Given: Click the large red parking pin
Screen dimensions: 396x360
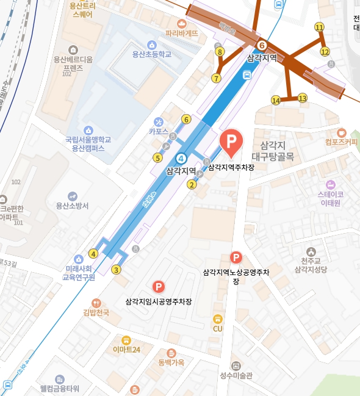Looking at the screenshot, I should pos(231,142).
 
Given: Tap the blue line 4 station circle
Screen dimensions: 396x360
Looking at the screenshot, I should pos(181,159).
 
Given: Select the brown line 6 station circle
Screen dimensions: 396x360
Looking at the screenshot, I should pos(262,45).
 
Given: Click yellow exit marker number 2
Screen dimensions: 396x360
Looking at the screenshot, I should pos(192,185).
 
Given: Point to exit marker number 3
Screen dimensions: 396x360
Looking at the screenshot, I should pos(117,270).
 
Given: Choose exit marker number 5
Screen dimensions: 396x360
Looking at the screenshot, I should pos(157,158).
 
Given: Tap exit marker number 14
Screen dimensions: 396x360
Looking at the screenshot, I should pos(276,100).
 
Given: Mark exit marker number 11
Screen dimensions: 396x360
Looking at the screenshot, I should pos(319,27).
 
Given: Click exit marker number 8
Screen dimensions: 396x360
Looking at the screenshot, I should pos(220,52).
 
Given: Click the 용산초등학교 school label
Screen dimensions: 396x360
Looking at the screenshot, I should pos(152,54).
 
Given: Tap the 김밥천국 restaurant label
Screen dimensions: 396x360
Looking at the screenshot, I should pos(96,312).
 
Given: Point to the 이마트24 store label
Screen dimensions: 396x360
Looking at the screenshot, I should pos(127,350).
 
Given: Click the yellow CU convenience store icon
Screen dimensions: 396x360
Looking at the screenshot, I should pos(217,319).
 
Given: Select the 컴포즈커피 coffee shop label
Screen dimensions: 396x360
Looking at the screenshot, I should pos(341,142).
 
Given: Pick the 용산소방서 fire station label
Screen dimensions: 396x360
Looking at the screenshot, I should pos(72,206).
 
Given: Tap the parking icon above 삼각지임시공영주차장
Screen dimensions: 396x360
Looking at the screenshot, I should pos(159,286).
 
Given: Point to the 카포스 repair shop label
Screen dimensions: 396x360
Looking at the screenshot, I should pos(158,131).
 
